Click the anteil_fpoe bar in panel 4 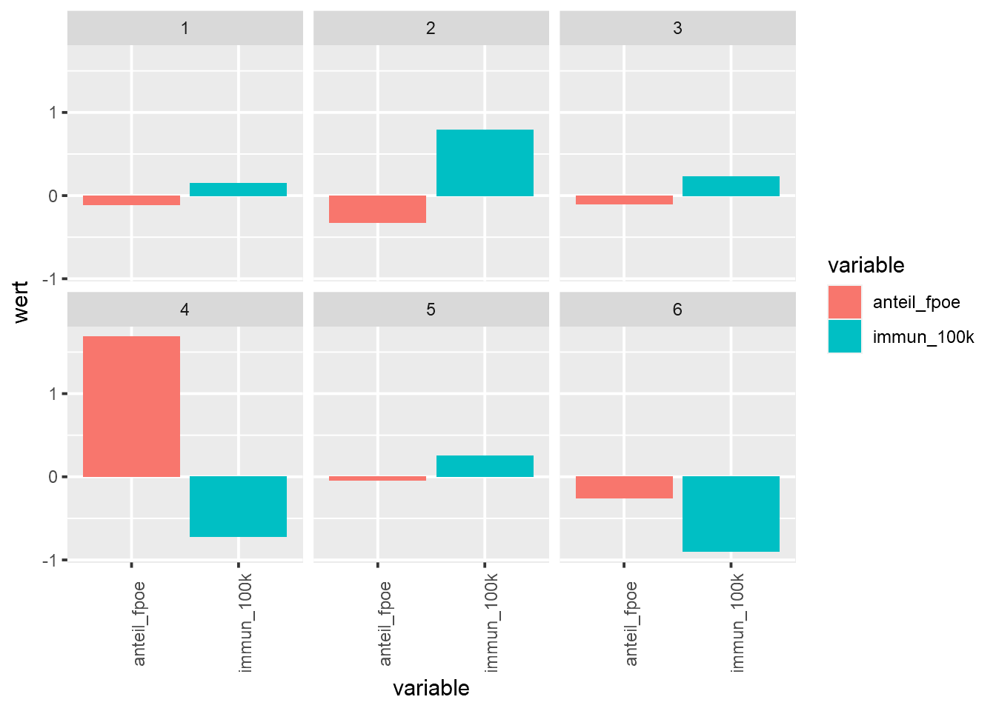pos(131,407)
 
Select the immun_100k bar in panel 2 pos(485,163)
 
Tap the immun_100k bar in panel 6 pos(731,514)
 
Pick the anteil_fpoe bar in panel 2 pos(377,210)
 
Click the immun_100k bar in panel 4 pos(238,507)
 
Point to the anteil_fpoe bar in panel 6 pos(624,487)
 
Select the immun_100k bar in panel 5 pos(485,466)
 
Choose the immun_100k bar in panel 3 pos(731,186)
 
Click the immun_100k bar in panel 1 pos(238,190)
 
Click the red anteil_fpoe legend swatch pos(845,302)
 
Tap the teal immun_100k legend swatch pos(845,336)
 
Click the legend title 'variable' pos(866,265)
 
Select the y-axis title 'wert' pos(21,302)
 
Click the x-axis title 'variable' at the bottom pos(431,688)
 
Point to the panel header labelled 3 pos(677,28)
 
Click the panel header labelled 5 pos(431,310)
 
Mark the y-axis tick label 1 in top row pos(53,113)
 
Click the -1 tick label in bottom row pos(50,560)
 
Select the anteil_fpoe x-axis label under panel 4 pos(139,623)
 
